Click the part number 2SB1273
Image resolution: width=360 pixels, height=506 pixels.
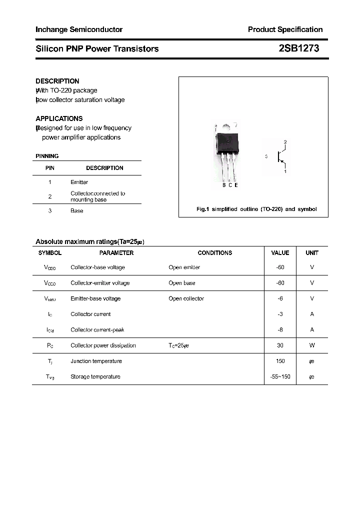coord(298,48)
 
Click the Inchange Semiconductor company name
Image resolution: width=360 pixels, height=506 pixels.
coord(79,29)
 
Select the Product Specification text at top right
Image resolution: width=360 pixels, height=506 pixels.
coord(285,29)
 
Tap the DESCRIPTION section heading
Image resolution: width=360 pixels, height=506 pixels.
coord(57,81)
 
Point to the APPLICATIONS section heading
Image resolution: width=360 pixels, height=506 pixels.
coord(59,118)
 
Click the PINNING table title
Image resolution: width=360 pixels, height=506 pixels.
coord(47,156)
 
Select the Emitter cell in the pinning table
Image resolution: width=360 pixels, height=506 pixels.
coord(79,182)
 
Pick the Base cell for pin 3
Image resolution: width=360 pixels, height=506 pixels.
coord(76,211)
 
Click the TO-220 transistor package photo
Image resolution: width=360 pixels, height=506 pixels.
coord(226,152)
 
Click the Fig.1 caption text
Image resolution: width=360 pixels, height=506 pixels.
coord(256,209)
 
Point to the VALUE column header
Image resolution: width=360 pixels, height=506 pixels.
coord(280,253)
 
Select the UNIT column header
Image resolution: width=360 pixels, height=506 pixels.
coord(312,253)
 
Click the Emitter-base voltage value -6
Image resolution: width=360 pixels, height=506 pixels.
coord(280,298)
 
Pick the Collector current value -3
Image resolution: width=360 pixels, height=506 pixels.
coord(280,314)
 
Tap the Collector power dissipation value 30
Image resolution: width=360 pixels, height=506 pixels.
coord(280,345)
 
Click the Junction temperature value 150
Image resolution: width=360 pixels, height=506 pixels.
coord(280,361)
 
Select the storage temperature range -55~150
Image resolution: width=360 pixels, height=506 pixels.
coord(280,376)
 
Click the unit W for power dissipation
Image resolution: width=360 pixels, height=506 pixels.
coord(312,345)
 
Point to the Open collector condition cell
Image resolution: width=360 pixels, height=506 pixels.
coord(186,298)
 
